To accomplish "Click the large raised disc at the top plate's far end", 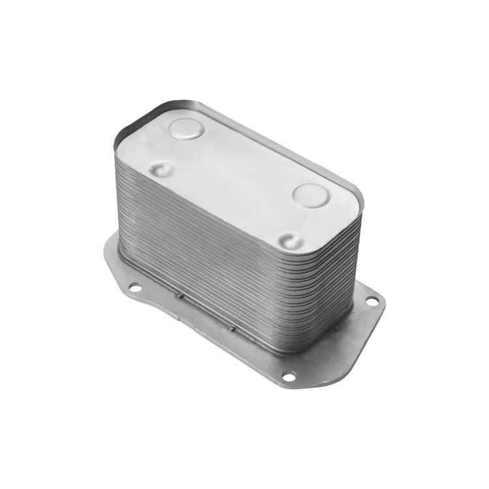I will click(x=186, y=128).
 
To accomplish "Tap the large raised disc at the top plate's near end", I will click(x=311, y=195).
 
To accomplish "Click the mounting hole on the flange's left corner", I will click(x=135, y=286).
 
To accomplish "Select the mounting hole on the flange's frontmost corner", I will click(x=288, y=376).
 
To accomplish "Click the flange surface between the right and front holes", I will click(x=339, y=346).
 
